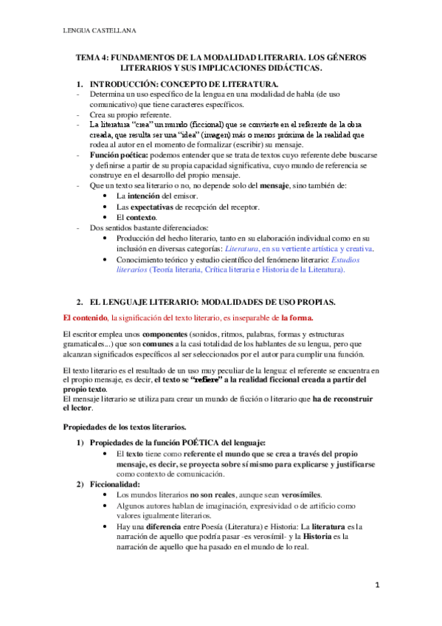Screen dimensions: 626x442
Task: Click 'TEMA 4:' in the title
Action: (x=94, y=58)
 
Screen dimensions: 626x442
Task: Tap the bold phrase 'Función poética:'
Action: (x=118, y=156)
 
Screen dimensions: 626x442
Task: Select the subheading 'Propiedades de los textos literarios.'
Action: (x=124, y=427)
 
